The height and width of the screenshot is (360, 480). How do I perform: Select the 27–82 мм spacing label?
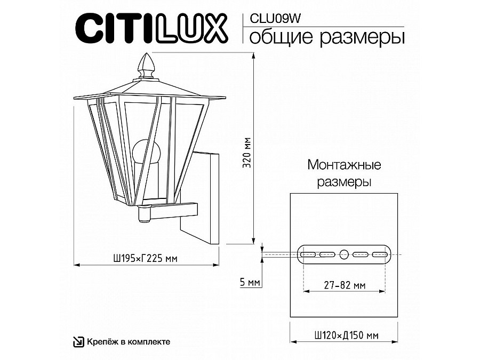pyautogui.click(x=344, y=286)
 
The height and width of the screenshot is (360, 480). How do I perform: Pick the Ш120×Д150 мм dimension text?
pyautogui.click(x=344, y=335)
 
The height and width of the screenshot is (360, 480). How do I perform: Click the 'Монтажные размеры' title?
pyautogui.click(x=344, y=173)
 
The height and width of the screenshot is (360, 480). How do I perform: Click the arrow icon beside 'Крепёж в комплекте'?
pyautogui.click(x=78, y=342)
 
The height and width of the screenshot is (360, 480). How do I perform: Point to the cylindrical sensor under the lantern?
pyautogui.click(x=143, y=214)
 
